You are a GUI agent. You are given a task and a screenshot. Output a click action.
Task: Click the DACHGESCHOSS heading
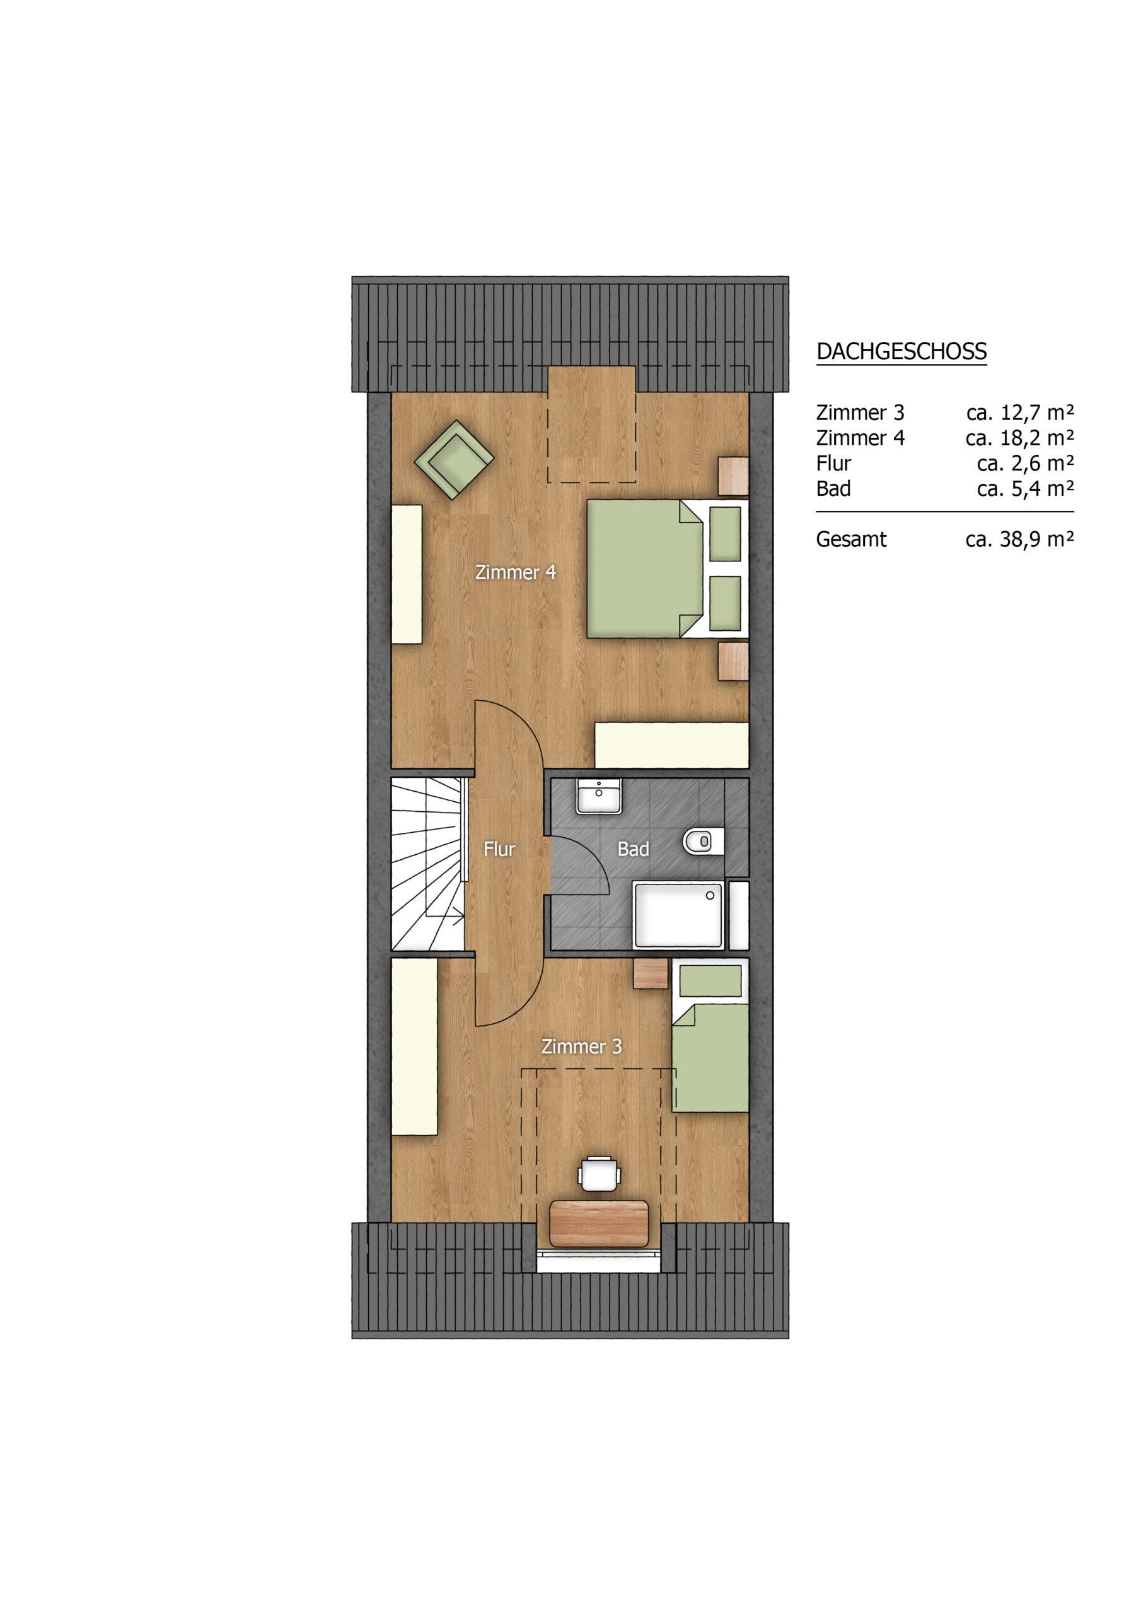(901, 351)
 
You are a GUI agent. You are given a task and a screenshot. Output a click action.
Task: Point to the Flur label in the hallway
(499, 849)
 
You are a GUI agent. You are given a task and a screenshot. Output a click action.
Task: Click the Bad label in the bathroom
(633, 849)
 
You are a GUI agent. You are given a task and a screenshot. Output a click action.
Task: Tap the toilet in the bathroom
(703, 842)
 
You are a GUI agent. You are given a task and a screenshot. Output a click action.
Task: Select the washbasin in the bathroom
(599, 796)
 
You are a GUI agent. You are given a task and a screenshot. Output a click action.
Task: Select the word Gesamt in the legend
(852, 539)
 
